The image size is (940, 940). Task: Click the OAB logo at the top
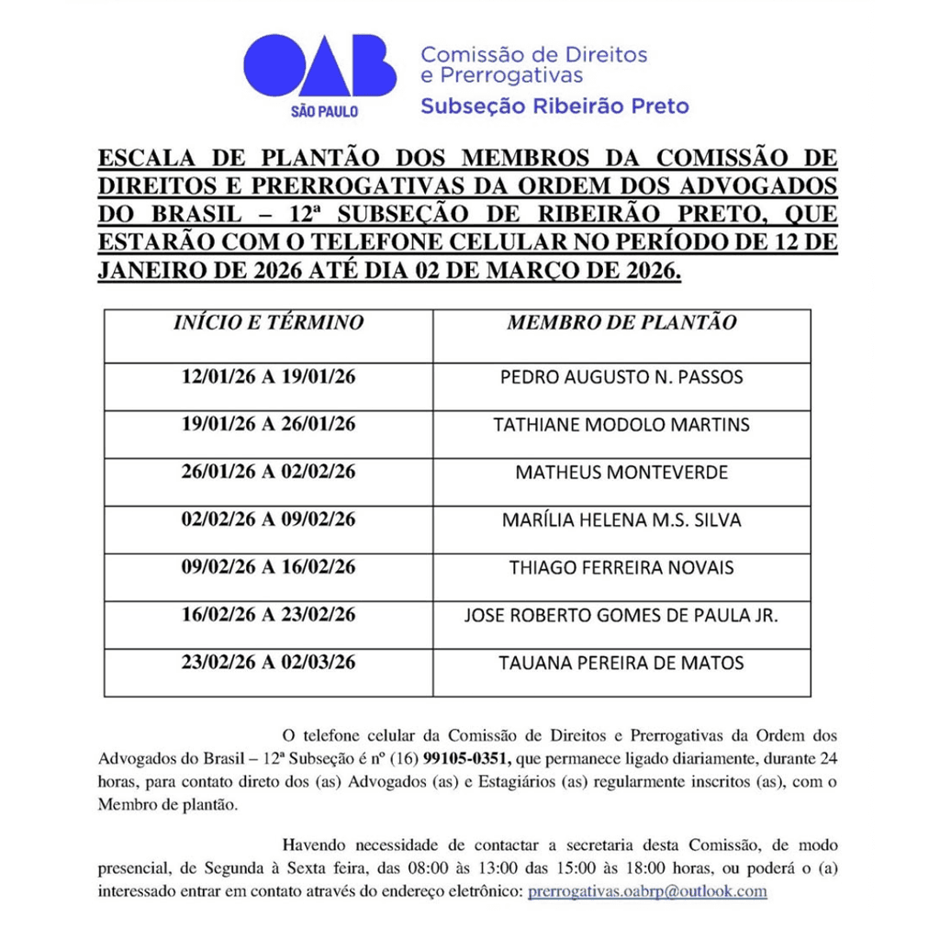(x=319, y=69)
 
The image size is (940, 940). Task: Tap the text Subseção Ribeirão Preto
(x=554, y=106)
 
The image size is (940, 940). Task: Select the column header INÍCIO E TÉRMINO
(x=268, y=323)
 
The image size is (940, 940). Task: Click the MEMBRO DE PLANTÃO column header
(x=621, y=323)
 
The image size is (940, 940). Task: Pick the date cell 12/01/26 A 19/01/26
(x=268, y=376)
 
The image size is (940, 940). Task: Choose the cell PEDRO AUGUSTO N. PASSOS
(x=621, y=377)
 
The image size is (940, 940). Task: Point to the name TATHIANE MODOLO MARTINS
(x=621, y=425)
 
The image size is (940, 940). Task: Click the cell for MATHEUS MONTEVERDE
(x=621, y=473)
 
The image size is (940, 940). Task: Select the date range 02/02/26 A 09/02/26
(x=268, y=520)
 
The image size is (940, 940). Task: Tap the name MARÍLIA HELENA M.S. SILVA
(x=621, y=520)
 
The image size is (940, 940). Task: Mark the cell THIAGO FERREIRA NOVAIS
(x=621, y=568)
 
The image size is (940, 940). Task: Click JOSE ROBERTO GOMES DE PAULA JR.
(x=621, y=616)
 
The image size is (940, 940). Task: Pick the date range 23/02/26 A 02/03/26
(x=268, y=663)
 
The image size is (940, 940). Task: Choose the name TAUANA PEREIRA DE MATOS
(x=621, y=663)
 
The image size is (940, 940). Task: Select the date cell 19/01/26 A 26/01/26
(x=268, y=424)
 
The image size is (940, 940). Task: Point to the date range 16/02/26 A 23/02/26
(x=268, y=615)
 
